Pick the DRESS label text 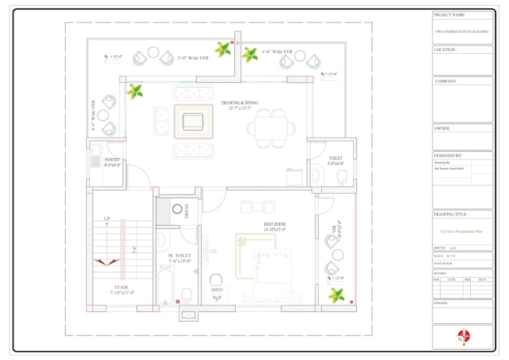(x=186, y=211)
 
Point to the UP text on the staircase (x=106, y=219)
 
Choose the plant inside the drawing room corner (x=135, y=92)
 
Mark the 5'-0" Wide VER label (x=193, y=57)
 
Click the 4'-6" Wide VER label (x=277, y=52)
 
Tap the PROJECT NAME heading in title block (x=449, y=15)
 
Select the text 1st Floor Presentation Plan (x=462, y=233)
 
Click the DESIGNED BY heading (x=448, y=156)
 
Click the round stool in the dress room (x=178, y=210)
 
